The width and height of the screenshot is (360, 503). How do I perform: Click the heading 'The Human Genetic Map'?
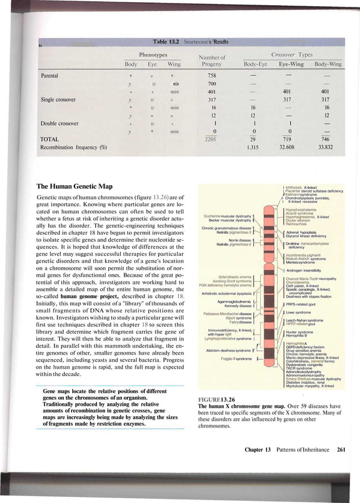pos(74,186)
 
